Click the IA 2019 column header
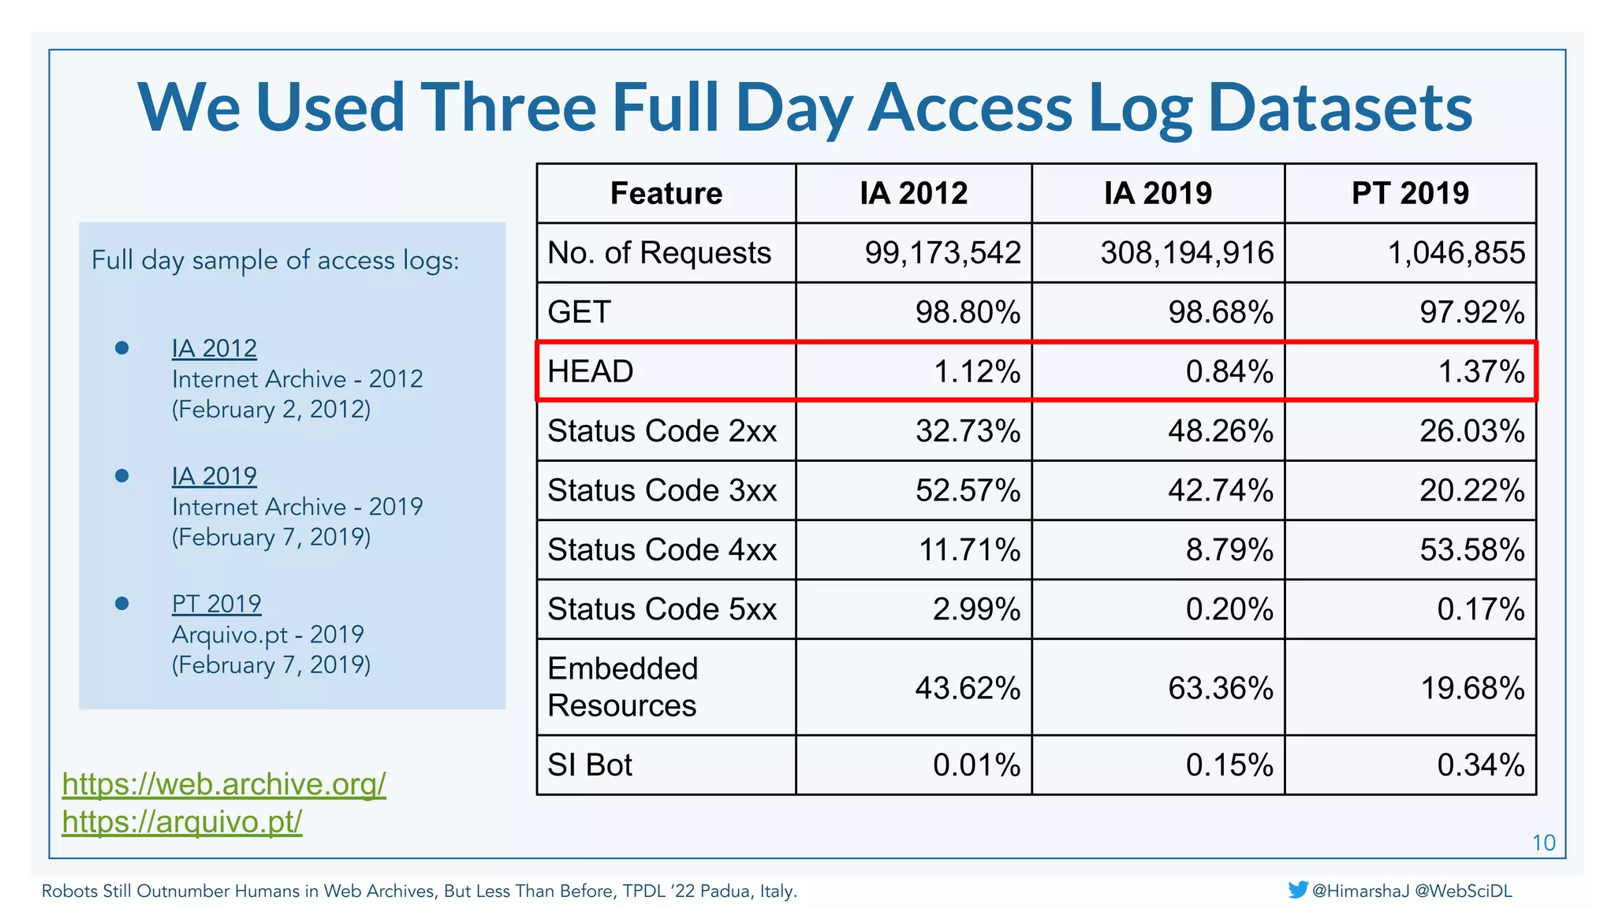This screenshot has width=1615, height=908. pyautogui.click(x=1158, y=193)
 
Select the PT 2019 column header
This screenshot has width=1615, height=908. pyautogui.click(x=1410, y=193)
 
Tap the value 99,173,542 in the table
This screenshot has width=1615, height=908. pyautogui.click(x=942, y=253)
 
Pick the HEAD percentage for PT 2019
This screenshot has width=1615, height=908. pyautogui.click(x=1481, y=371)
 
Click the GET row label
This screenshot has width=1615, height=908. pyautogui.click(x=580, y=312)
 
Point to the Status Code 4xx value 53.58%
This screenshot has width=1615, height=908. pyautogui.click(x=1471, y=549)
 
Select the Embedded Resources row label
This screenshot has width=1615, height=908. pyautogui.click(x=623, y=687)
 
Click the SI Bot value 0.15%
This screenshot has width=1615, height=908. pyautogui.click(x=1229, y=765)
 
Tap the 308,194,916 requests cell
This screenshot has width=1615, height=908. pyautogui.click(x=1187, y=253)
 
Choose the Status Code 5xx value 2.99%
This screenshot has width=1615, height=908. pyautogui.click(x=976, y=609)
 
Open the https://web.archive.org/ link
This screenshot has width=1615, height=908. pyautogui.click(x=224, y=783)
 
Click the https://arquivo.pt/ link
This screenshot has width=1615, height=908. pyautogui.click(x=182, y=821)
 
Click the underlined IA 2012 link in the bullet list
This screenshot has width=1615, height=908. pyautogui.click(x=214, y=348)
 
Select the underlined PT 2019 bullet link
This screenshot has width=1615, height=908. pyautogui.click(x=217, y=603)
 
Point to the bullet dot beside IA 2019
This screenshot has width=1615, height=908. pyautogui.click(x=121, y=475)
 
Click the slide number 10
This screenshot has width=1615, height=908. pyautogui.click(x=1542, y=843)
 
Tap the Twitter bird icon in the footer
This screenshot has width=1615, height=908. pyautogui.click(x=1297, y=890)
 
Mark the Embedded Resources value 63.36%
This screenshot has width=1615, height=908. pyautogui.click(x=1220, y=688)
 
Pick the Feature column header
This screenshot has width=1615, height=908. pyautogui.click(x=666, y=193)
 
